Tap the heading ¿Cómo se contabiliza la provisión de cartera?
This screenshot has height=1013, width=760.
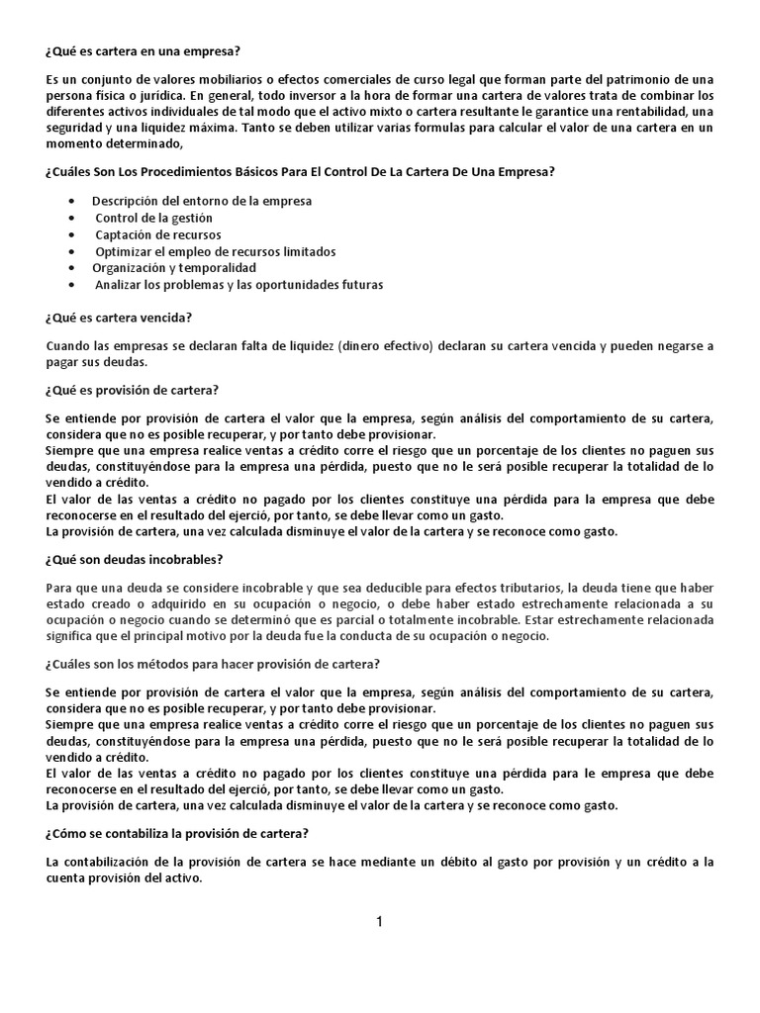click(x=179, y=833)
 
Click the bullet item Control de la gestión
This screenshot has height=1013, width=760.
click(x=153, y=218)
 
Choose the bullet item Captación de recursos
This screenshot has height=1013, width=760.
click(x=158, y=234)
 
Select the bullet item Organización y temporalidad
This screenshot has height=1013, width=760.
click(x=174, y=268)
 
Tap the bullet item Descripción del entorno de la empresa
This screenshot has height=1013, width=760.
click(x=202, y=201)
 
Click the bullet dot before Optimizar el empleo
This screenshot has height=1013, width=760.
click(x=73, y=251)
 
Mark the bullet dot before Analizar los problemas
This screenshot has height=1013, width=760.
click(x=73, y=285)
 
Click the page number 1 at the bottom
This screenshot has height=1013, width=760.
click(x=379, y=922)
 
